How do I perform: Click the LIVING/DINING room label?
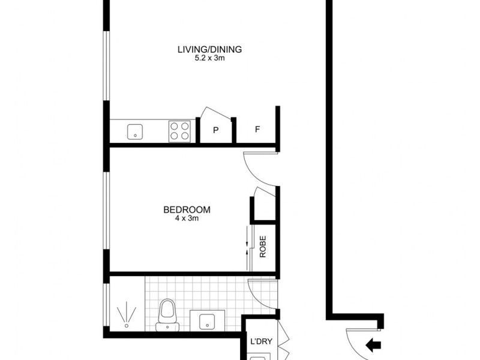pyautogui.click(x=209, y=50)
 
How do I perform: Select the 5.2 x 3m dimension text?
pyautogui.click(x=209, y=59)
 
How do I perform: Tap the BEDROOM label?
pyautogui.click(x=187, y=210)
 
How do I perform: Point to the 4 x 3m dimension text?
pyautogui.click(x=187, y=219)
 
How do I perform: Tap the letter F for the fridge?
pyautogui.click(x=257, y=129)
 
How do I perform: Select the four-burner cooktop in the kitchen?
pyautogui.click(x=180, y=130)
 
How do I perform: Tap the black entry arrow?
pyautogui.click(x=374, y=344)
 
